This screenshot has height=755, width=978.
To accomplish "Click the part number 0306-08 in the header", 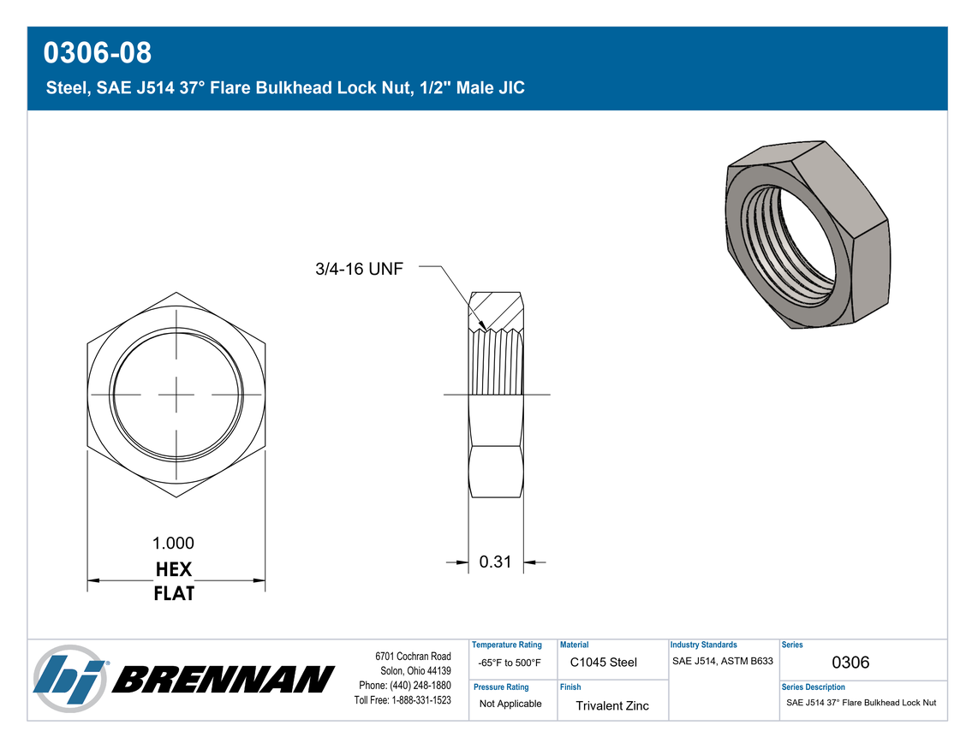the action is pyautogui.click(x=98, y=52).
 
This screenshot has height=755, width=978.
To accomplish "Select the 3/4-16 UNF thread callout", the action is pyautogui.click(x=360, y=269).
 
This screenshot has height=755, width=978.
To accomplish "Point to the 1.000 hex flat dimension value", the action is pyautogui.click(x=173, y=543).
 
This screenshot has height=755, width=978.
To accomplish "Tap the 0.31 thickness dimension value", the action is pyautogui.click(x=495, y=562).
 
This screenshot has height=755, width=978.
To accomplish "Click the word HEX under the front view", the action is pyautogui.click(x=173, y=569).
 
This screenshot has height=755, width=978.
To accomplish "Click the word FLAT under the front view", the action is pyautogui.click(x=174, y=593).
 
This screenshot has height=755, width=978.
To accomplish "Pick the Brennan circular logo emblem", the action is pyautogui.click(x=70, y=679).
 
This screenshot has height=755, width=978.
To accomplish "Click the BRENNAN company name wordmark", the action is pyautogui.click(x=224, y=679).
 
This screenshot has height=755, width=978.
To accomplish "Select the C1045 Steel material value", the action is pyautogui.click(x=603, y=662).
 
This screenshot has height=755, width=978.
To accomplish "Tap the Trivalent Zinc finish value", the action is pyautogui.click(x=611, y=705).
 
